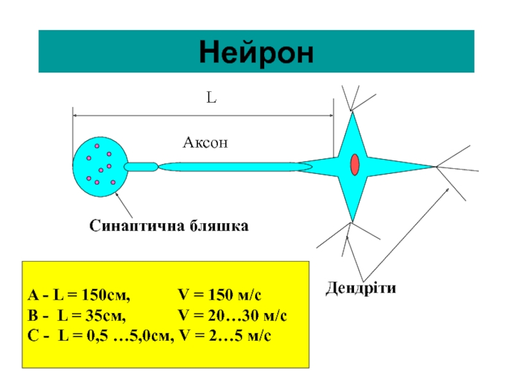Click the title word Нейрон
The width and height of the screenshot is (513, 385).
coord(256,52)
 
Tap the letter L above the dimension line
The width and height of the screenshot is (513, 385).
coord(211,98)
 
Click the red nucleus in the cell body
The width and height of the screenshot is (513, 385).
coord(355,165)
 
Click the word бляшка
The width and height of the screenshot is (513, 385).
coord(218,227)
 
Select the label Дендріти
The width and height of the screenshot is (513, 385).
coord(360,288)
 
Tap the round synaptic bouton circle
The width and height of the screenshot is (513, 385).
coord(100,166)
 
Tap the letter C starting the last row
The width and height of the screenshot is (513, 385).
coord(33,336)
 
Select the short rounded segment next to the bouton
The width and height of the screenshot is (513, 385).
coord(140,167)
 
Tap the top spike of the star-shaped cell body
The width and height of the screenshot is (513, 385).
coord(352,125)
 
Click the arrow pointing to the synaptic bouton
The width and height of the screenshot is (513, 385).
coord(125,206)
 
